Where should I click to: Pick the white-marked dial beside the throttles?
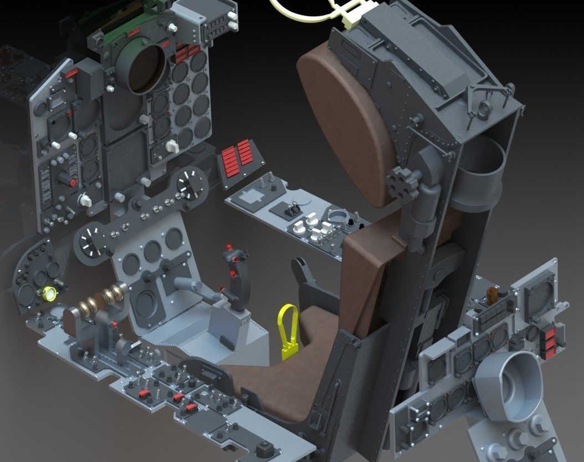92,242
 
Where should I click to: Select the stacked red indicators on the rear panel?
550,339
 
